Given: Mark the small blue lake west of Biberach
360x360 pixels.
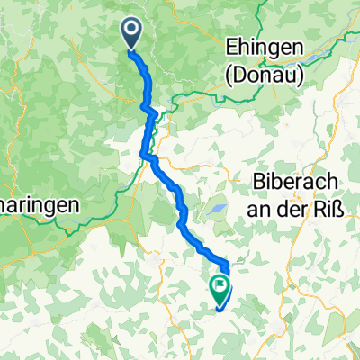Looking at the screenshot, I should click(218, 211).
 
